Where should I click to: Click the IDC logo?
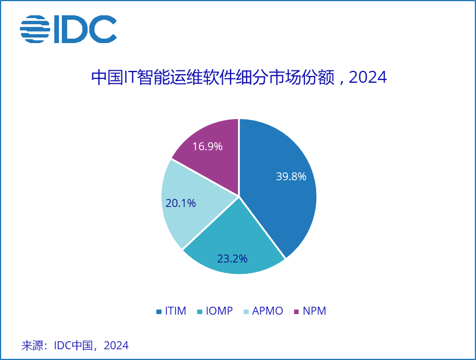[68, 29]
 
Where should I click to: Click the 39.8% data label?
[291, 176]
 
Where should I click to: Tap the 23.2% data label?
[232, 259]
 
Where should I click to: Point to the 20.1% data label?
[181, 202]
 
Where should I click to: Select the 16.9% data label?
[207, 146]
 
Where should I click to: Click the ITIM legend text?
[176, 311]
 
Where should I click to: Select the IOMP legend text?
[219, 311]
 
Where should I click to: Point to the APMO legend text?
[267, 311]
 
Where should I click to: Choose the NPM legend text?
[314, 311]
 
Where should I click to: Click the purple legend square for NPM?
[297, 312]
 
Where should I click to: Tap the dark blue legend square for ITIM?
[159, 312]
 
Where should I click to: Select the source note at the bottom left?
[75, 345]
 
